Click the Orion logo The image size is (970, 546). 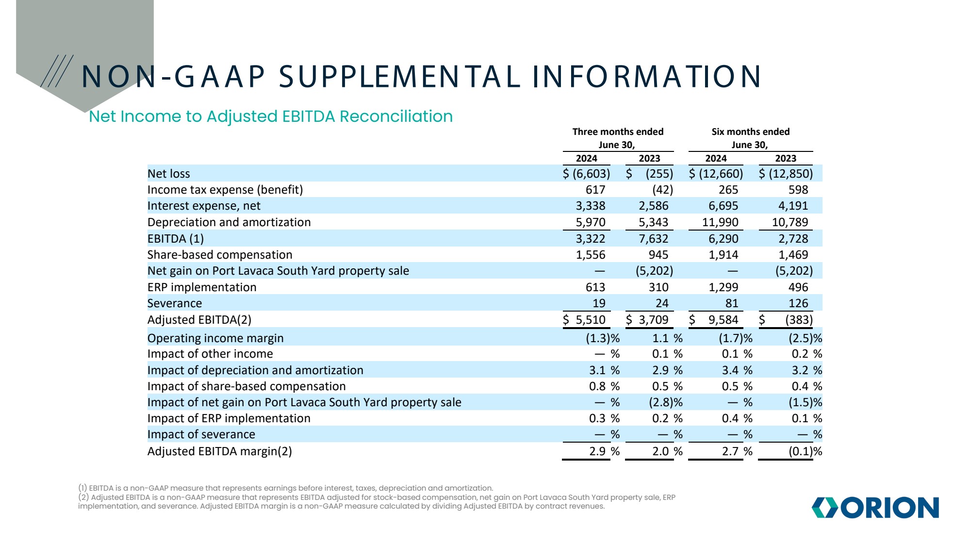(x=875, y=508)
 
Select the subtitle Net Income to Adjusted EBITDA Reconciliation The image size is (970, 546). (x=271, y=116)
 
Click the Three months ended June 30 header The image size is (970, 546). (x=617, y=138)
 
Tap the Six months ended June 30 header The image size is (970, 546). (x=750, y=138)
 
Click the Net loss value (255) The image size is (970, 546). (x=659, y=174)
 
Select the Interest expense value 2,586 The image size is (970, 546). (x=653, y=206)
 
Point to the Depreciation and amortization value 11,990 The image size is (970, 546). (x=720, y=222)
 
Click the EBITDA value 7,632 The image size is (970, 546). (x=653, y=239)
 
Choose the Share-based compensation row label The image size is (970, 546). (x=220, y=255)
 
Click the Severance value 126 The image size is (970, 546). (x=798, y=303)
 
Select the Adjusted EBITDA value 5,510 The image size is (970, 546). (x=590, y=320)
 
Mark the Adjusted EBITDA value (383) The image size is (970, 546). (x=799, y=320)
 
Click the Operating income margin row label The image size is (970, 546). (x=215, y=338)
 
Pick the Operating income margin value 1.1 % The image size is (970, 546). (x=667, y=338)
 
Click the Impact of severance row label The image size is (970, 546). (x=201, y=434)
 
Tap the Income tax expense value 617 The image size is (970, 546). (x=595, y=190)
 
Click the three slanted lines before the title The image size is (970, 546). (x=57, y=71)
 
